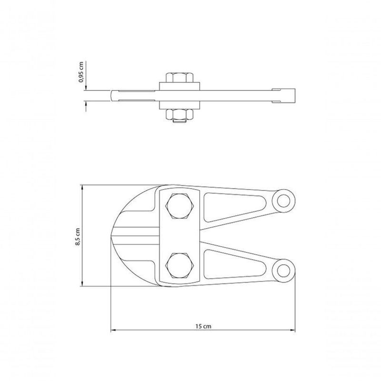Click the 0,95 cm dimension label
point(81,72)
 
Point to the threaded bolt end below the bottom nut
point(179,123)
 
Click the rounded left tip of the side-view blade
point(113,95)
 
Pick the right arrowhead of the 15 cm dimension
point(292,330)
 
